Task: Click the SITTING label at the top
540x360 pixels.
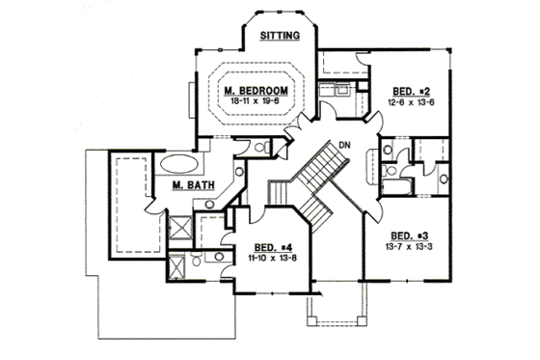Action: tap(282, 36)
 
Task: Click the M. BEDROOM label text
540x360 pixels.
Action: tap(256, 91)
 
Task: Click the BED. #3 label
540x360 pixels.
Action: tap(411, 235)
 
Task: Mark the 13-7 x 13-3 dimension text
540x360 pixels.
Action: tap(410, 245)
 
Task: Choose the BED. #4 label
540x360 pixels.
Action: tap(260, 247)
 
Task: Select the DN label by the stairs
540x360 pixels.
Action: tap(341, 147)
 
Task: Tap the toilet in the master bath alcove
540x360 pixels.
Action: tap(237, 172)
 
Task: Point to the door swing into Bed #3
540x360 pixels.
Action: tap(372, 203)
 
